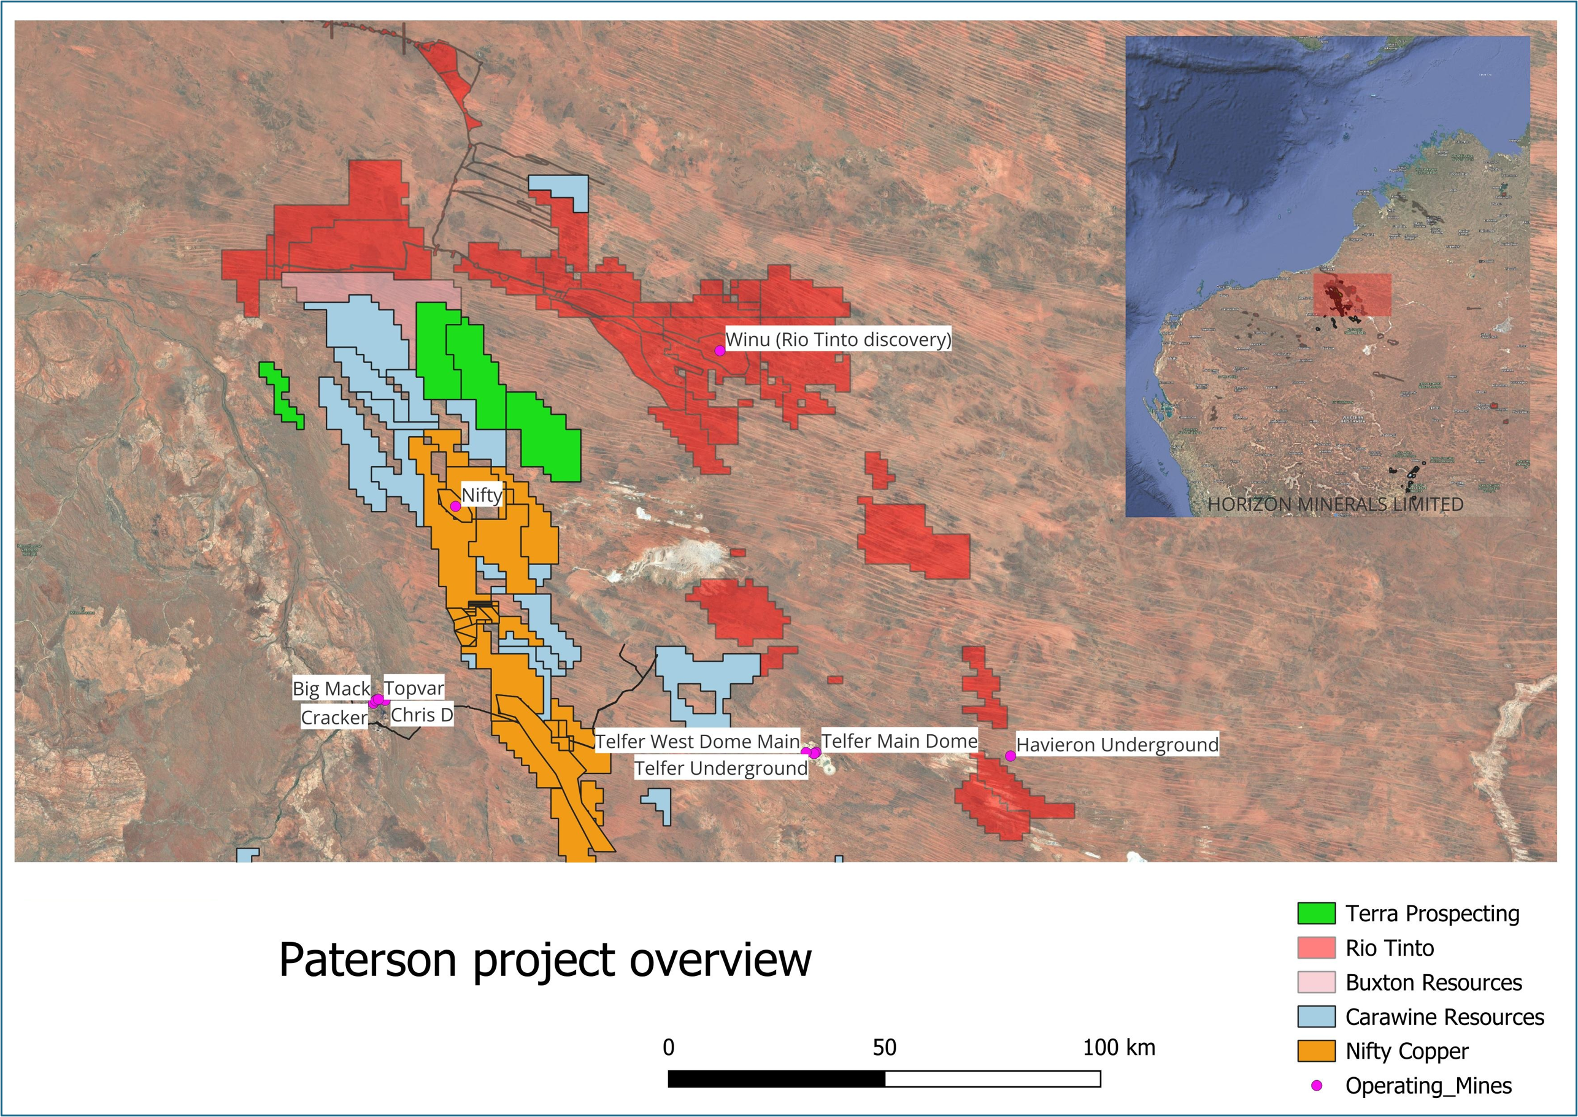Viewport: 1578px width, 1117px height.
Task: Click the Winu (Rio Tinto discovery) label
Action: (x=838, y=339)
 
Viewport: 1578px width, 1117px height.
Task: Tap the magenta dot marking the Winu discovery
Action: (x=720, y=350)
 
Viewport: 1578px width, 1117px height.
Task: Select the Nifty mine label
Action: (x=482, y=494)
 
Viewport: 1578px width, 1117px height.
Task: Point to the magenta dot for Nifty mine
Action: (x=455, y=506)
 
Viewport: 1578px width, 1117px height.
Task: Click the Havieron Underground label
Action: (x=1117, y=744)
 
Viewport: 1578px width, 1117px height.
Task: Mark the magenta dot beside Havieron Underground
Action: (x=1010, y=756)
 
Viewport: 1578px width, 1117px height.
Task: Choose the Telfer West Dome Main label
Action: (x=697, y=742)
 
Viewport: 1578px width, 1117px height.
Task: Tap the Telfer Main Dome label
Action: (x=899, y=741)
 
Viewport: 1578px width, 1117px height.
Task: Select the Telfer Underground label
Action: (x=720, y=768)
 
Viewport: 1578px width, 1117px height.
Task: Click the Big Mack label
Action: (x=331, y=688)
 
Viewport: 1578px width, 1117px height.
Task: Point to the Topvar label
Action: (x=414, y=688)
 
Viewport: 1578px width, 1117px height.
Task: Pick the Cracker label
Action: (x=334, y=718)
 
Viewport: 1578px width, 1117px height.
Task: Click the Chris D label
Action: (x=421, y=715)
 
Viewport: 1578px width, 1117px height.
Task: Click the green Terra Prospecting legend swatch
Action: (x=1316, y=913)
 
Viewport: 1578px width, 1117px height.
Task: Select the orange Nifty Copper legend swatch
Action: (x=1316, y=1051)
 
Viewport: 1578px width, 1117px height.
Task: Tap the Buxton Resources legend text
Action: (x=1434, y=982)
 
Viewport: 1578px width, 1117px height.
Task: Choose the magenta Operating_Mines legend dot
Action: (x=1317, y=1085)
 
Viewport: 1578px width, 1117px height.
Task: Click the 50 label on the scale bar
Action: (x=885, y=1048)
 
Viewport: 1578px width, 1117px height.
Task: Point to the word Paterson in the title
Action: (x=368, y=959)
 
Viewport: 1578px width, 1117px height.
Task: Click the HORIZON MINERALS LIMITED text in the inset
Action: (x=1335, y=504)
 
